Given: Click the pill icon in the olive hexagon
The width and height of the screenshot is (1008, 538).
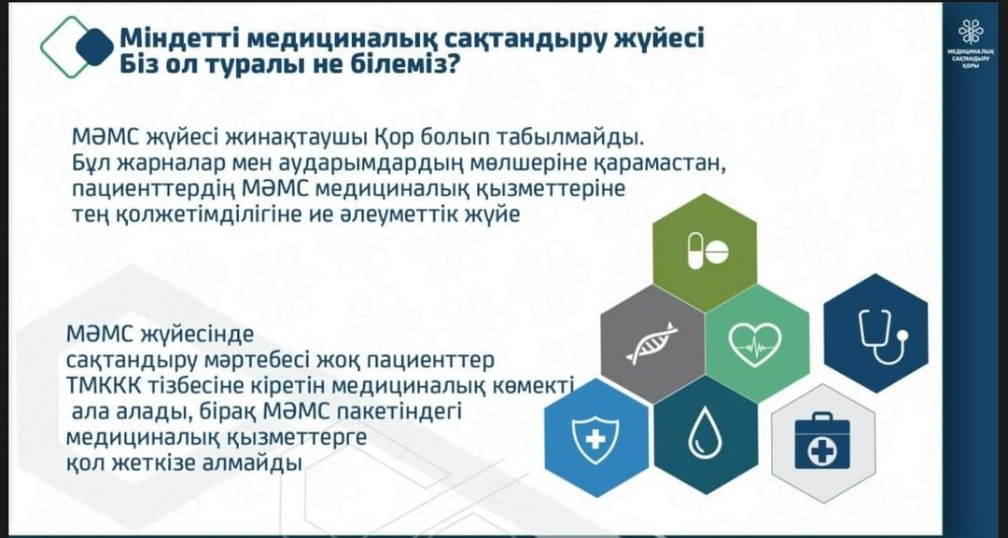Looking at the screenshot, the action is (x=707, y=251).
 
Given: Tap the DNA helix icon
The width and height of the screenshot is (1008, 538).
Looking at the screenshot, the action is (x=652, y=342).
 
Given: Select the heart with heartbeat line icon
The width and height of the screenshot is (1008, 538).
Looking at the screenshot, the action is (x=755, y=343).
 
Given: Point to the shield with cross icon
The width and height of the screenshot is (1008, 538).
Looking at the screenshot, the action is (x=595, y=439).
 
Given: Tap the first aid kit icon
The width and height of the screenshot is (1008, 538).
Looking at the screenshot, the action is (x=822, y=442).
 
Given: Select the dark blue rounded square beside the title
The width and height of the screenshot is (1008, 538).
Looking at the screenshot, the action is (x=95, y=47).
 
